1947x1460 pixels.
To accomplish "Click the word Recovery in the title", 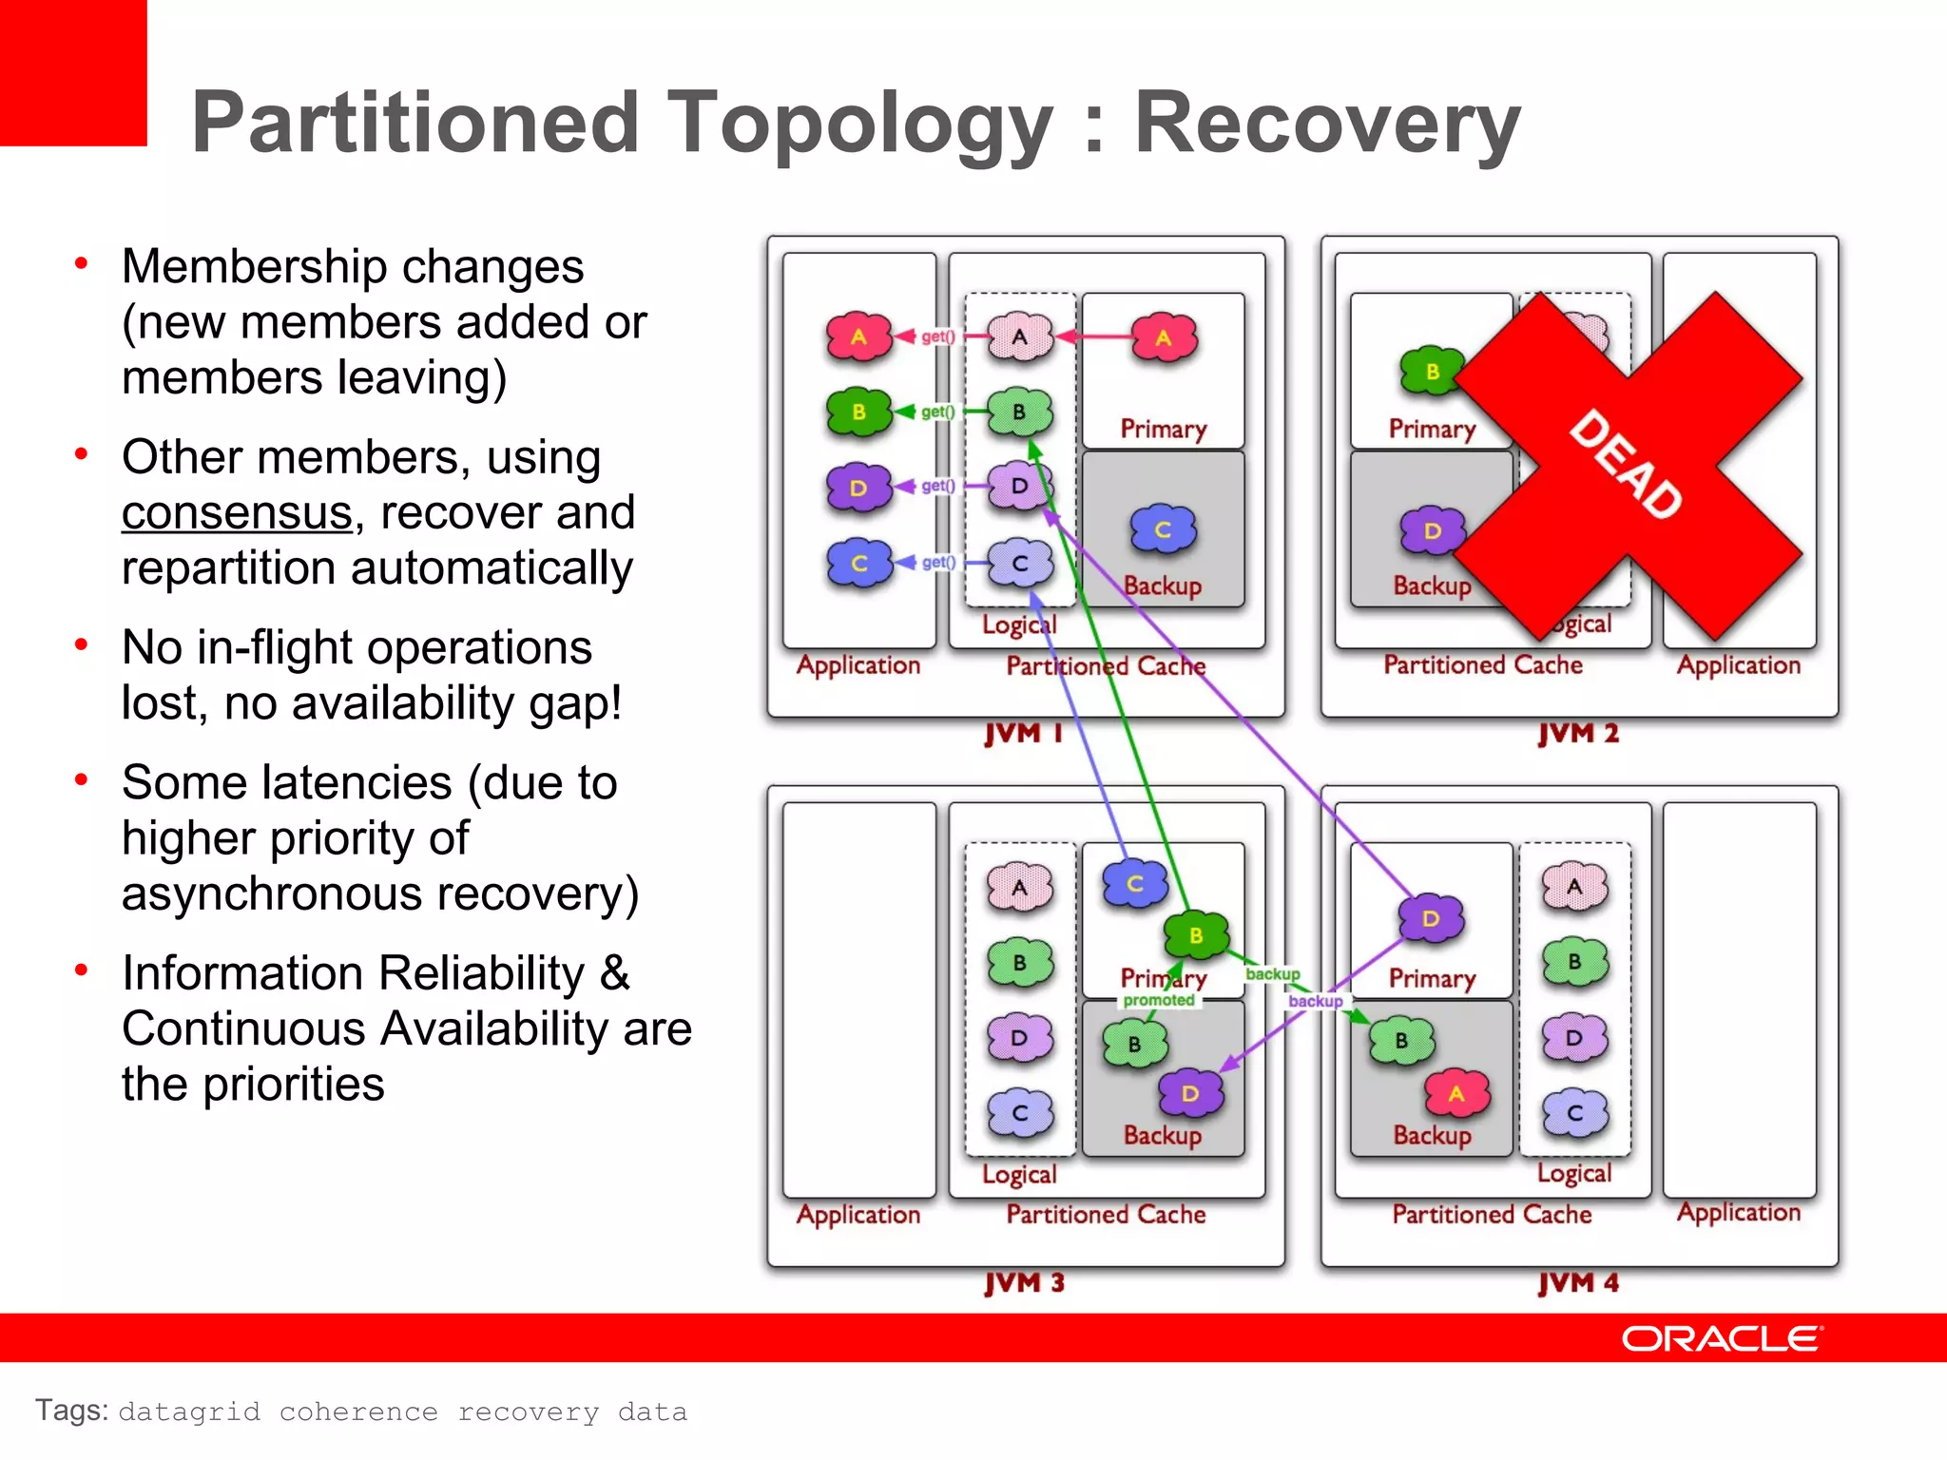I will [1327, 124].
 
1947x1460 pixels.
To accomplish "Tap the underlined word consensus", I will [238, 513].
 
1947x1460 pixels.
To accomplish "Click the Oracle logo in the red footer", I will [1722, 1338].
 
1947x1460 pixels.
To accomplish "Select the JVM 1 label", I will [1022, 734].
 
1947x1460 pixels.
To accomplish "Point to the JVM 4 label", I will [1578, 1283].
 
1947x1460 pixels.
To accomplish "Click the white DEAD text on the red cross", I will [1626, 464].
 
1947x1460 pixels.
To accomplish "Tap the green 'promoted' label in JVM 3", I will [1158, 1000].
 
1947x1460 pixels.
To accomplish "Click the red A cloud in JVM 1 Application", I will [858, 336].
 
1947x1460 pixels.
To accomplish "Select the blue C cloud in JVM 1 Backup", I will [1163, 529].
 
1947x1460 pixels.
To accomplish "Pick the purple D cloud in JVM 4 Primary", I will [1431, 918].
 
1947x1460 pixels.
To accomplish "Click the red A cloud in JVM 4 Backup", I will [1456, 1094].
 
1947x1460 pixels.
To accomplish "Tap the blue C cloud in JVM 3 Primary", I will [1135, 884].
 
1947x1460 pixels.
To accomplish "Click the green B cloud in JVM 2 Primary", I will [1432, 372].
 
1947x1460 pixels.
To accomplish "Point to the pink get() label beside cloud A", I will [937, 336].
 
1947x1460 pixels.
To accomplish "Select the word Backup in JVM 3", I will [1162, 1136].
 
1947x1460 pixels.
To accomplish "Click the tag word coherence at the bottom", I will [358, 1412].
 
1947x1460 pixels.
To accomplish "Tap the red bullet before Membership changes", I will [82, 263].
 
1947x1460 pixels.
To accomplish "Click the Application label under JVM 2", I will [1738, 665].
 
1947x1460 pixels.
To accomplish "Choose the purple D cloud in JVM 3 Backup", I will [1189, 1094].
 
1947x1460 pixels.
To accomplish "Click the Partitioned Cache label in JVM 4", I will [1491, 1215].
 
